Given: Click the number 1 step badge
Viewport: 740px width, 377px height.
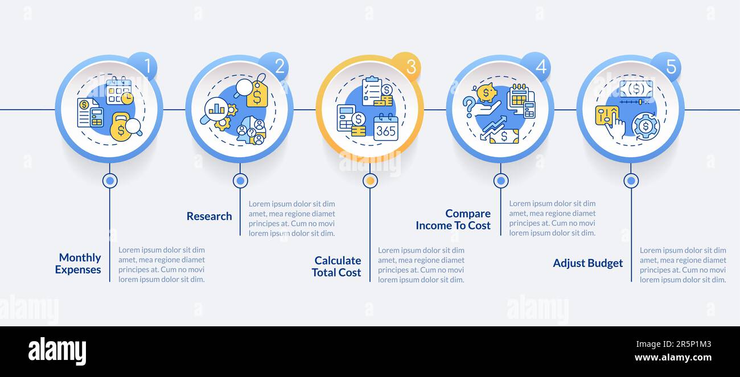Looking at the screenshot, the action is (143, 66).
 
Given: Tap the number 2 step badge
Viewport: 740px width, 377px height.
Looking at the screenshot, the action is (274, 66).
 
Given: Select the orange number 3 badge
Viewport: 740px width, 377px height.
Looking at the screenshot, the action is (406, 66).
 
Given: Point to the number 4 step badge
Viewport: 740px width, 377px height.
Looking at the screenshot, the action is (536, 66).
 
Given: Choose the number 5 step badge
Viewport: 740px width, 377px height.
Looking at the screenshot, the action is (667, 66).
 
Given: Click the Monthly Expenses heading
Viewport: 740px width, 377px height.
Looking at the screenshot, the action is (79, 263).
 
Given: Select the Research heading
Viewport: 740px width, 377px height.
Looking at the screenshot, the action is (209, 216).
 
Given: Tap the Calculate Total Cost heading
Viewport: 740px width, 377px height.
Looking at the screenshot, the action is (336, 267).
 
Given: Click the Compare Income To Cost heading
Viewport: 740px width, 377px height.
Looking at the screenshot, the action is (453, 219).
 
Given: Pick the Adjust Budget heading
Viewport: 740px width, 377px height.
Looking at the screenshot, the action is (587, 263).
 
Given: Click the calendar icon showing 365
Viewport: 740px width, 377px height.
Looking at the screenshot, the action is (386, 127).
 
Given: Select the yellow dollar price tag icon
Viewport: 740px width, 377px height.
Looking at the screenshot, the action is (257, 94).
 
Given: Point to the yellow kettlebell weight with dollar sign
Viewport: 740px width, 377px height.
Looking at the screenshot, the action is (121, 127).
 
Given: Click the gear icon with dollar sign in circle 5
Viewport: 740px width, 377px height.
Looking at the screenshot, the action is (646, 126).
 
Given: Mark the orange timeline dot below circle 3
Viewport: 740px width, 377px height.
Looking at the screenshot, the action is (370, 181).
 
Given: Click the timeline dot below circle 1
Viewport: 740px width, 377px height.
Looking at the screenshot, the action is (110, 181).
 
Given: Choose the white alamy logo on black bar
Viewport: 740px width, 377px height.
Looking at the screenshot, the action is (57, 351).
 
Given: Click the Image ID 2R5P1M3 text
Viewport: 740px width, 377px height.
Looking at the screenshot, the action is (673, 344).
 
